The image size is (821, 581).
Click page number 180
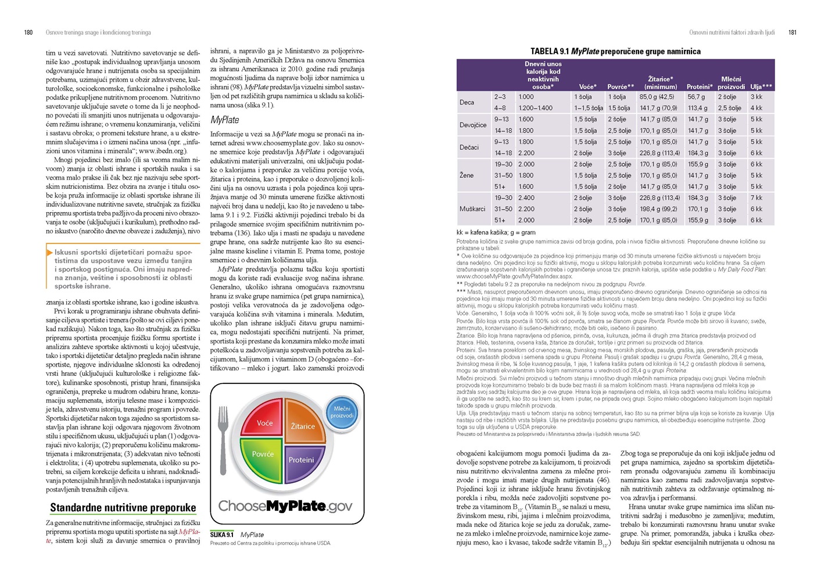tap(28, 33)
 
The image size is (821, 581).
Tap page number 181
tap(792, 33)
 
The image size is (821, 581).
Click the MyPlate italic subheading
tap(224, 120)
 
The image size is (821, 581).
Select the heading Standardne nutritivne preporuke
tap(123, 508)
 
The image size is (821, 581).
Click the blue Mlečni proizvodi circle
tap(342, 412)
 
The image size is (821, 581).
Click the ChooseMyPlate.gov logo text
tap(285, 506)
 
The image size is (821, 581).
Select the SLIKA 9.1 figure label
tap(222, 535)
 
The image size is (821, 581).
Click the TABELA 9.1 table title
tap(615, 51)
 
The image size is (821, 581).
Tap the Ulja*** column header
tap(761, 87)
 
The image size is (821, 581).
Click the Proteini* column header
tap(699, 87)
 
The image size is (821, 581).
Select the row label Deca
tap(467, 102)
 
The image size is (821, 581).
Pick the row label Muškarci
tap(472, 209)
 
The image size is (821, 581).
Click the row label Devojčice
tap(473, 125)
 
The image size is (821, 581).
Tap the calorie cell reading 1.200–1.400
tap(536, 108)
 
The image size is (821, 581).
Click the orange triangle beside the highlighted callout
tap(49, 252)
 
